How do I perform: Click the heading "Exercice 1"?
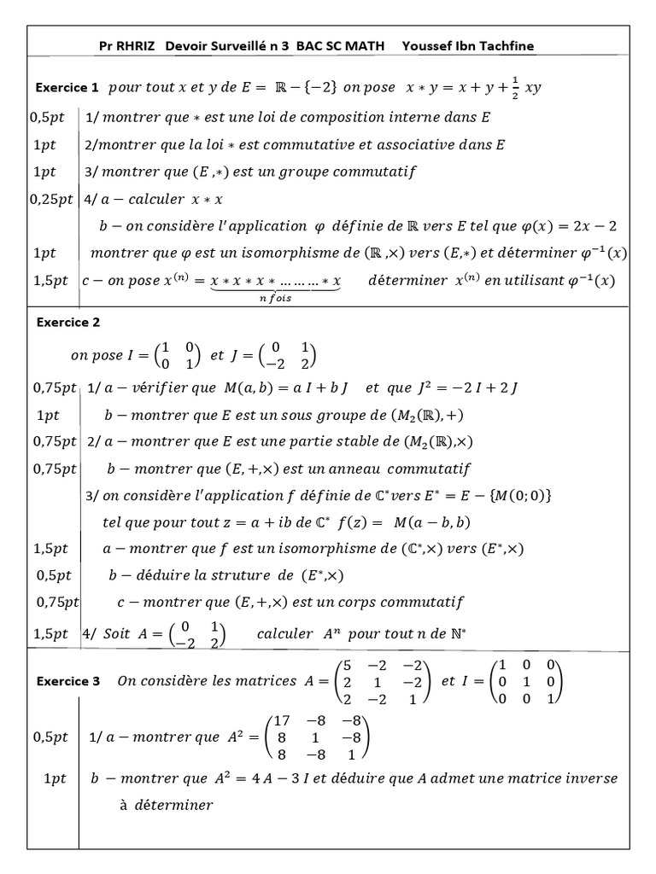point(67,88)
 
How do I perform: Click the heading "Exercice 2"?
point(67,323)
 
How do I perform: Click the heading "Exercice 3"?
point(67,681)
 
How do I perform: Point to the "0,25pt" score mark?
point(51,199)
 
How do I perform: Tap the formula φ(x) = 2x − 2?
point(568,226)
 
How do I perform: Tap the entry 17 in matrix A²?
point(283,720)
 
